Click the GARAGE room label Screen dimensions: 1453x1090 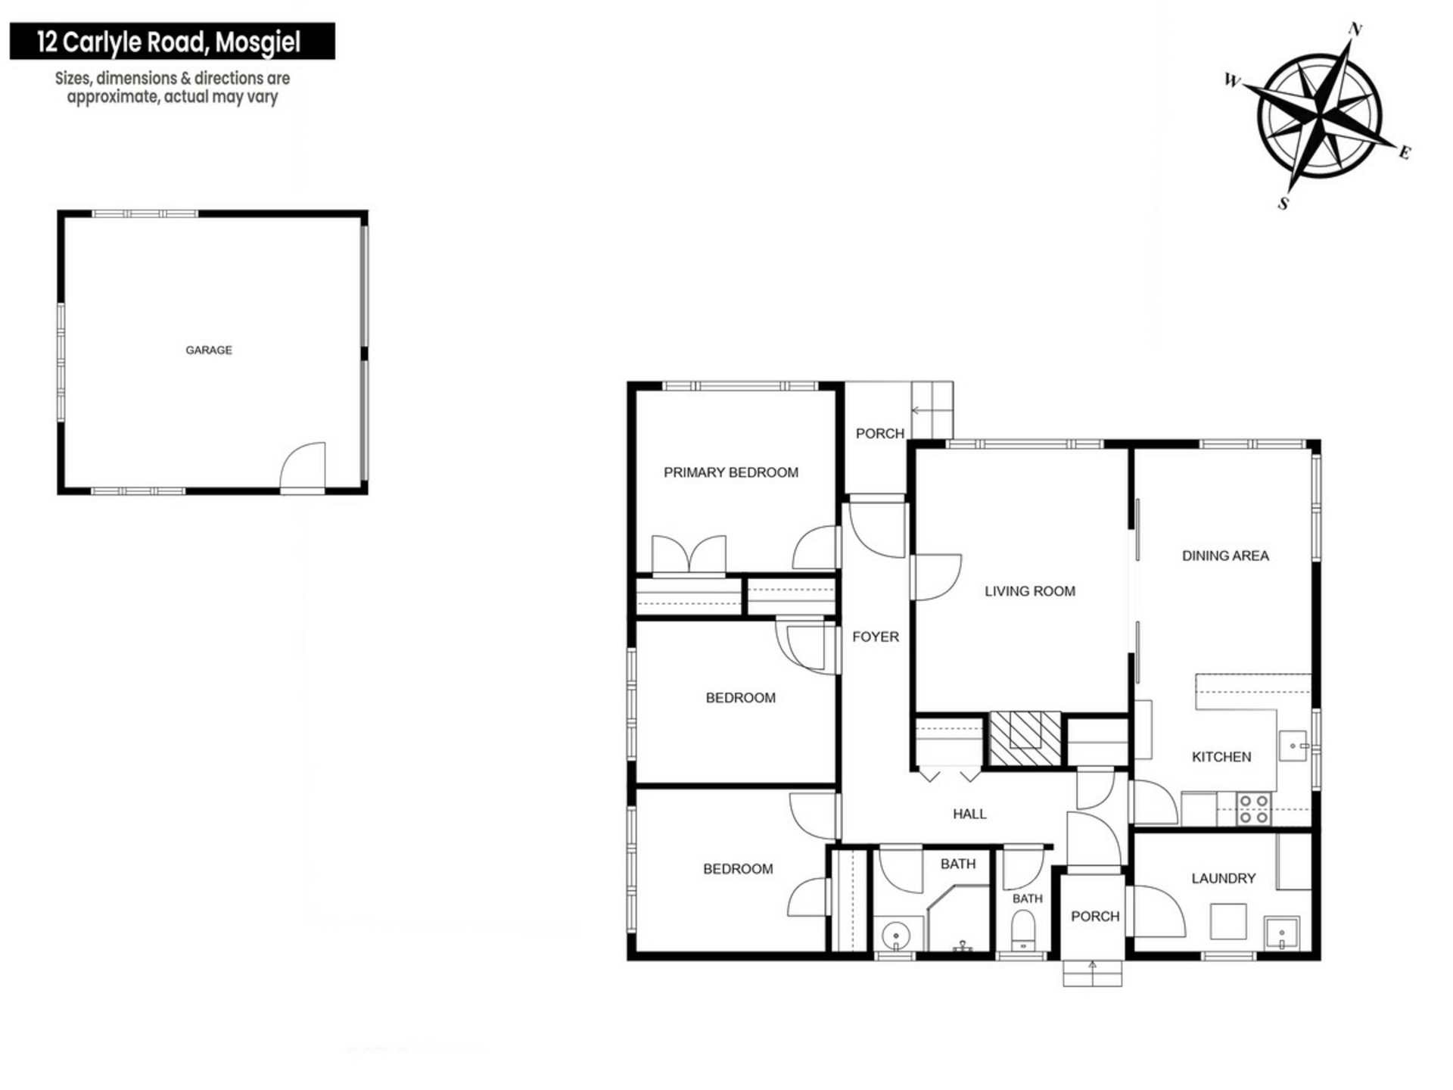click(x=209, y=350)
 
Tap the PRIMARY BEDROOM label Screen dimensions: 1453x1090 click(x=731, y=472)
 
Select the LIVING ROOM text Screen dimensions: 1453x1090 click(x=1030, y=591)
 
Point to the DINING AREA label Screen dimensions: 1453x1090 click(x=1225, y=556)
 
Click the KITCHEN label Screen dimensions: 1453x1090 click(x=1221, y=756)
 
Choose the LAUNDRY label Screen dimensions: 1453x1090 click(x=1224, y=878)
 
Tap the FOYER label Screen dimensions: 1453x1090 click(x=876, y=637)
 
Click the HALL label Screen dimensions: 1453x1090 click(x=969, y=814)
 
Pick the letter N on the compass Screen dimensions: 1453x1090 click(x=1355, y=30)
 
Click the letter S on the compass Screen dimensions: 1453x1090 click(x=1283, y=203)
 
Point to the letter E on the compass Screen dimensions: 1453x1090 click(x=1405, y=153)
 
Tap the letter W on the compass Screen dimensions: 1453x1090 click(x=1233, y=80)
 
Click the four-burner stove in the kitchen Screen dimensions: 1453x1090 click(x=1253, y=808)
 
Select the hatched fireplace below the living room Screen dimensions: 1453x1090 click(x=1025, y=739)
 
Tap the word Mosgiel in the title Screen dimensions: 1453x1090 click(x=258, y=42)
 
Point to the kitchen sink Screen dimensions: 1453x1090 click(x=1293, y=746)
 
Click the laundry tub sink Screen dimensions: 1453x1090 click(x=1281, y=933)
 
